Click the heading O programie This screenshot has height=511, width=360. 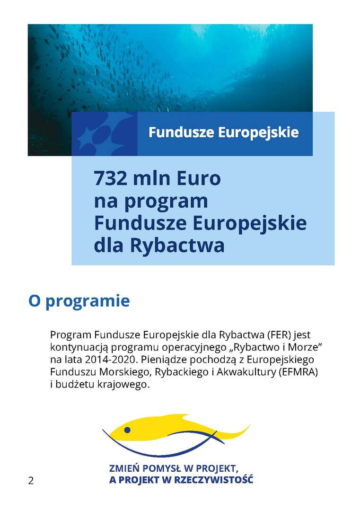(x=79, y=301)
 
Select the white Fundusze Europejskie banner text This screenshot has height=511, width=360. (x=223, y=132)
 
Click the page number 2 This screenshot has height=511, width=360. (x=31, y=481)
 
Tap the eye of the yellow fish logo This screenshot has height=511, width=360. (x=127, y=430)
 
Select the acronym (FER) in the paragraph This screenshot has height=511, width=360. (x=280, y=335)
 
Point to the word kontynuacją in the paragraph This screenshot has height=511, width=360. (x=75, y=348)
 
